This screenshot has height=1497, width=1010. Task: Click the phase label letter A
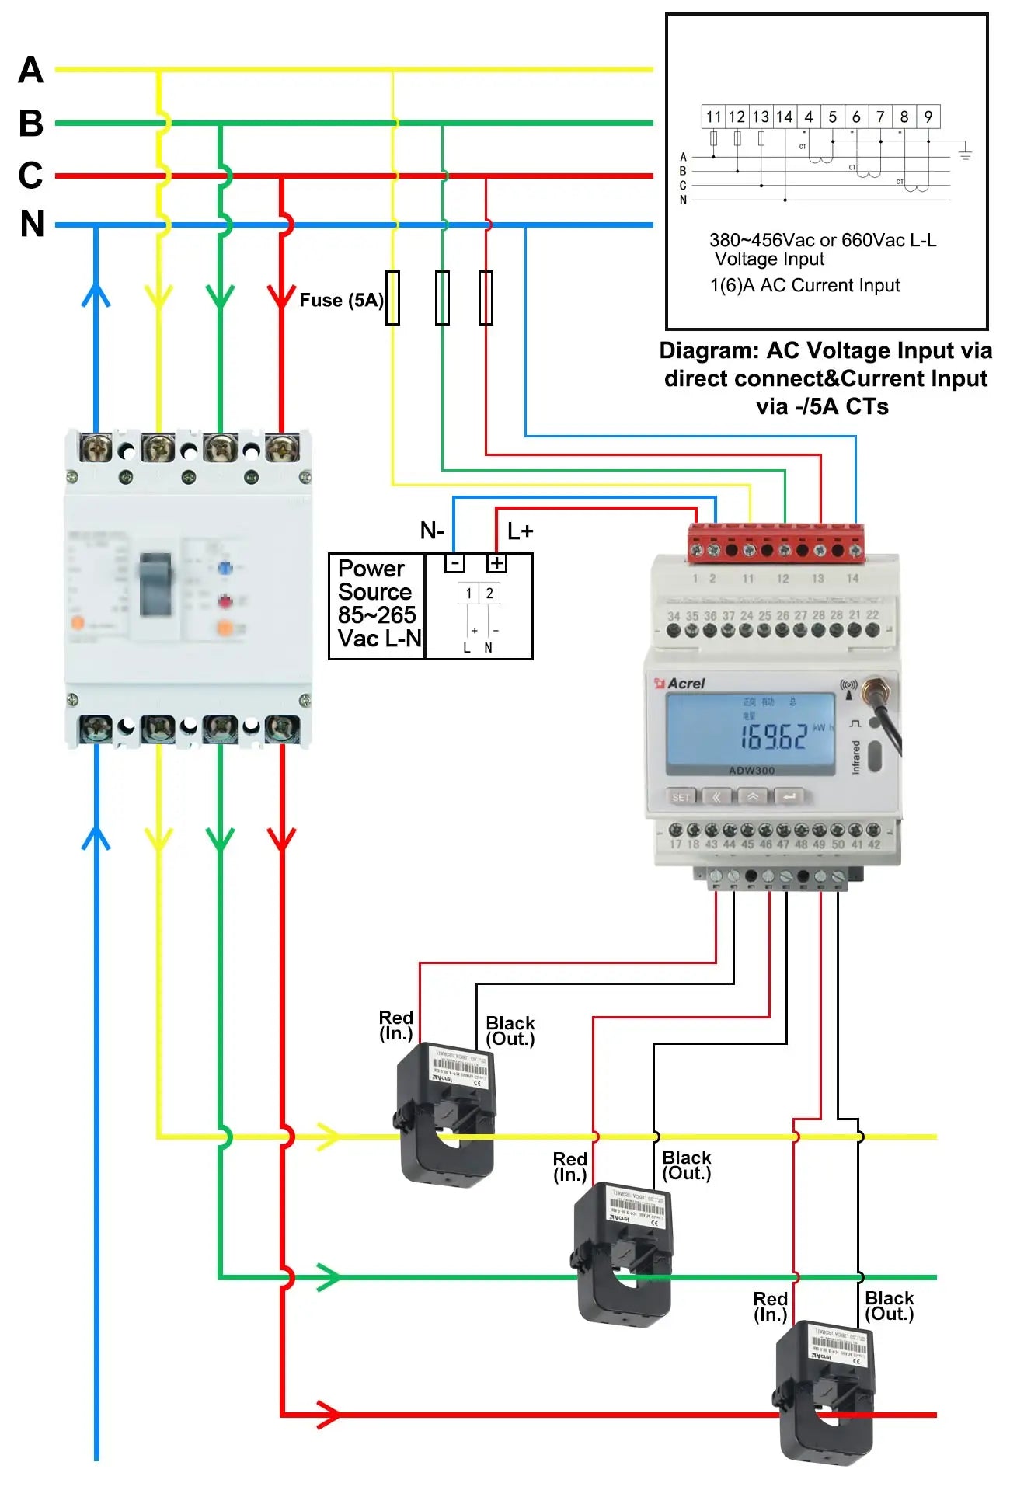[x=30, y=70]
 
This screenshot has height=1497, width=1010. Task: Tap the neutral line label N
[x=32, y=224]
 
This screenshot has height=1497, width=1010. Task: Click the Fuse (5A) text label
[x=341, y=300]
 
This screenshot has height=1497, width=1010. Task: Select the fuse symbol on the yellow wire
[x=393, y=298]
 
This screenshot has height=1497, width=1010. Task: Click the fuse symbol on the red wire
[x=486, y=298]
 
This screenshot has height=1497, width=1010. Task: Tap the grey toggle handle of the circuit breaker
[x=155, y=584]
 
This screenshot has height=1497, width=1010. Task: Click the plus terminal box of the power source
[x=496, y=563]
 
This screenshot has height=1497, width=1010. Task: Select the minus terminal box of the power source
[x=454, y=563]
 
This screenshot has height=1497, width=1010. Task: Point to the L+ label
[x=520, y=531]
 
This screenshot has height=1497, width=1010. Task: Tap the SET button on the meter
[x=681, y=797]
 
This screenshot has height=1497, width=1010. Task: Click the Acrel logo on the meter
[x=681, y=684]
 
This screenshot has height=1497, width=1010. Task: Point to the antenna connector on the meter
[x=877, y=688]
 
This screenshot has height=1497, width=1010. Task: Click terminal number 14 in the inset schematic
[x=785, y=117]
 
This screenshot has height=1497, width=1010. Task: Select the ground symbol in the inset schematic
[x=965, y=153]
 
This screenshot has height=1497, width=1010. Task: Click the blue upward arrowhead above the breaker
[x=96, y=295]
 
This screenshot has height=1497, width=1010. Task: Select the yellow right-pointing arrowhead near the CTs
[x=328, y=1136]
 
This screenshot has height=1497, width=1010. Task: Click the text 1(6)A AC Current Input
[x=805, y=286]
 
